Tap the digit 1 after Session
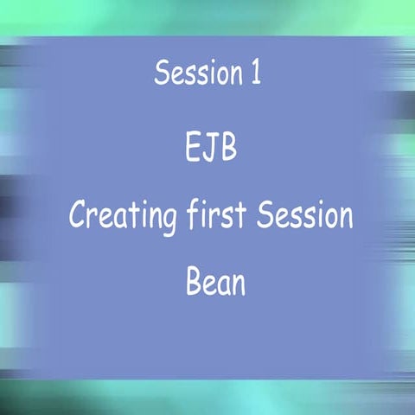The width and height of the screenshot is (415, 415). [x=254, y=73]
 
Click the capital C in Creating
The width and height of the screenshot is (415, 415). [x=79, y=215]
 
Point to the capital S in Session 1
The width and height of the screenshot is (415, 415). [x=162, y=73]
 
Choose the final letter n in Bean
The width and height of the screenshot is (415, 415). [x=237, y=285]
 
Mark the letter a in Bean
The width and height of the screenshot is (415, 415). [x=223, y=285]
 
